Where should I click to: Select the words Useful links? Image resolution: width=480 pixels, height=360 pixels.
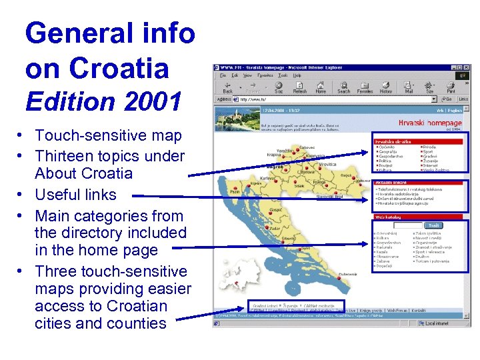click(75, 195)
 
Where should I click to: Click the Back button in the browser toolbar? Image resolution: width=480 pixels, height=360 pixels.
click(227, 87)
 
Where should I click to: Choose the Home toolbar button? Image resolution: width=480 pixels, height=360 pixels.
click(321, 87)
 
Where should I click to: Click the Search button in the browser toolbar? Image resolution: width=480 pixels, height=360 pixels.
click(343, 87)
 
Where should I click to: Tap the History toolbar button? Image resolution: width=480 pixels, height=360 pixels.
click(386, 87)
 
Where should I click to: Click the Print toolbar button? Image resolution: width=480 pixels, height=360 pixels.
click(451, 87)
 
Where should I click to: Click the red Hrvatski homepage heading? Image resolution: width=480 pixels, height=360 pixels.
click(430, 123)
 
